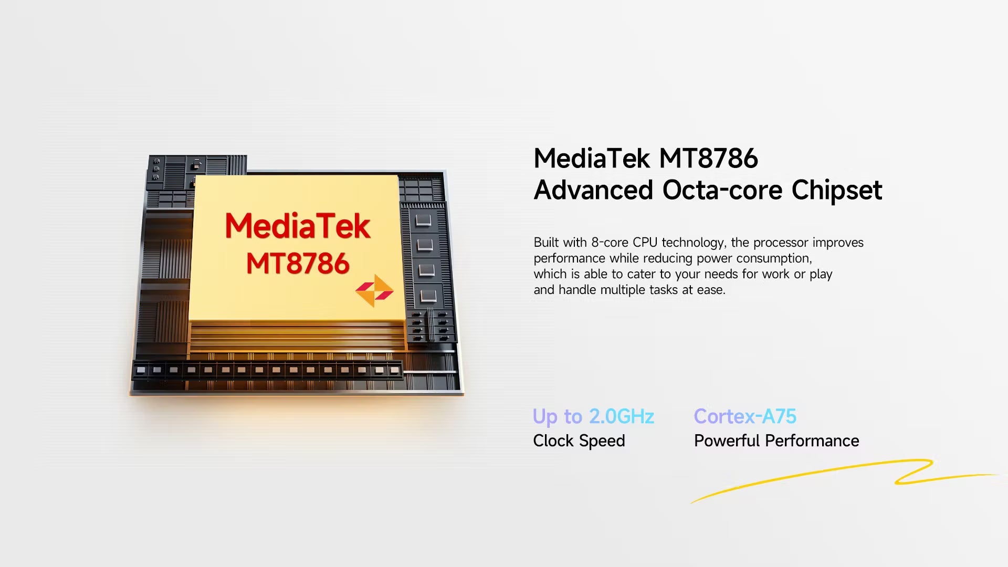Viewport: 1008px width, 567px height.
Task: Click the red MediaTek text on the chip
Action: click(x=298, y=226)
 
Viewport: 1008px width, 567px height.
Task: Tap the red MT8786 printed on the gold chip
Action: click(x=298, y=263)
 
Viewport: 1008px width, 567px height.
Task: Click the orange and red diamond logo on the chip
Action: click(x=374, y=290)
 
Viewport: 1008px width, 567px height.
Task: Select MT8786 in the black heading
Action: click(x=708, y=158)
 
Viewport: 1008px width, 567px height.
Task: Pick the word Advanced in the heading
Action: click(x=593, y=190)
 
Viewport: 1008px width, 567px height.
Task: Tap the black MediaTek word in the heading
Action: click(x=592, y=158)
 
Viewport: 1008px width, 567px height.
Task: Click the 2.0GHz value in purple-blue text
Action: click(x=622, y=416)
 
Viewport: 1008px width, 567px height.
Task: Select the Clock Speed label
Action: click(x=579, y=441)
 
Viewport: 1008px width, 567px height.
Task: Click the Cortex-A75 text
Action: click(x=745, y=416)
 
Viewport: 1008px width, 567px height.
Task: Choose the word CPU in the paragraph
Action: click(x=645, y=243)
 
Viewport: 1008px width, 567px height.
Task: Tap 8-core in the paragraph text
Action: click(x=610, y=243)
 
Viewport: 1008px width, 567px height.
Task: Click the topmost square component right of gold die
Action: click(x=423, y=219)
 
